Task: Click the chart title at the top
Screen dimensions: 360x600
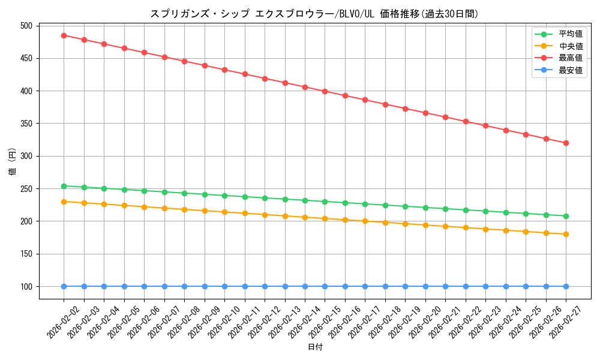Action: [x=314, y=14]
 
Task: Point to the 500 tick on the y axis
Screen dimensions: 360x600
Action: [x=26, y=26]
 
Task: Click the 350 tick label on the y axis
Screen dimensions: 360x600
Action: [x=26, y=124]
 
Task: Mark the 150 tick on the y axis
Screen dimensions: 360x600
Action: [x=26, y=254]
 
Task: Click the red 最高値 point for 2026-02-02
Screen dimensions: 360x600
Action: [x=64, y=35]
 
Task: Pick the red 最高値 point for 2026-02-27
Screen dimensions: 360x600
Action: [x=566, y=143]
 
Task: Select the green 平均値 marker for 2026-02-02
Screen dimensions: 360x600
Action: [x=64, y=186]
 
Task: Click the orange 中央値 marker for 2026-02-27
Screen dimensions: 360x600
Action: [x=566, y=234]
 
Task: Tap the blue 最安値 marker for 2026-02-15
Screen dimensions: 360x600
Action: [x=325, y=286]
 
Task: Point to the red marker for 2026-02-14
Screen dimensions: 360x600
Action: [x=305, y=87]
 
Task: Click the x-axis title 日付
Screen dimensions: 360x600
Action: [x=315, y=347]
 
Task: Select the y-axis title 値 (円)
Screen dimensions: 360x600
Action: [x=12, y=161]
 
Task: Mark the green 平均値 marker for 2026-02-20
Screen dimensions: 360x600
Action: [x=425, y=208]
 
